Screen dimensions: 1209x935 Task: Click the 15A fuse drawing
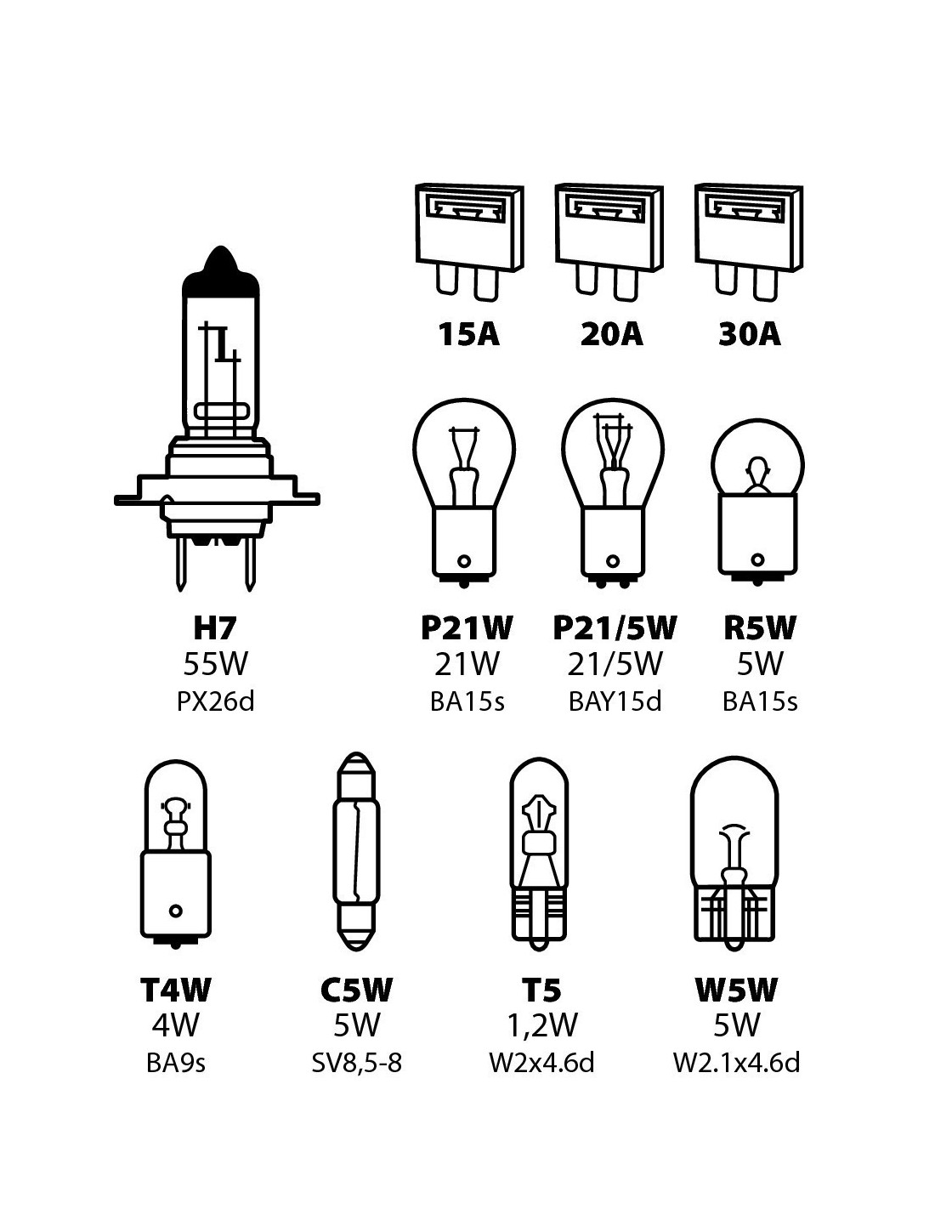pyautogui.click(x=468, y=242)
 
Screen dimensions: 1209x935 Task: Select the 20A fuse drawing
pyautogui.click(x=608, y=242)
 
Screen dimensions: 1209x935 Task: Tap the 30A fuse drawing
pyautogui.click(x=748, y=242)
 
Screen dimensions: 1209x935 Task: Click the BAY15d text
pyautogui.click(x=615, y=702)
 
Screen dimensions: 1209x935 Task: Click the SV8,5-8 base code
pyautogui.click(x=356, y=1064)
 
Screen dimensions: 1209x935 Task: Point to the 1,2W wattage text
pyautogui.click(x=541, y=1025)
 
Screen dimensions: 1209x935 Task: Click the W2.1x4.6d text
pyautogui.click(x=736, y=1064)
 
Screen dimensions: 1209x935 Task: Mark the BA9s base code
pyautogui.click(x=176, y=1064)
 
